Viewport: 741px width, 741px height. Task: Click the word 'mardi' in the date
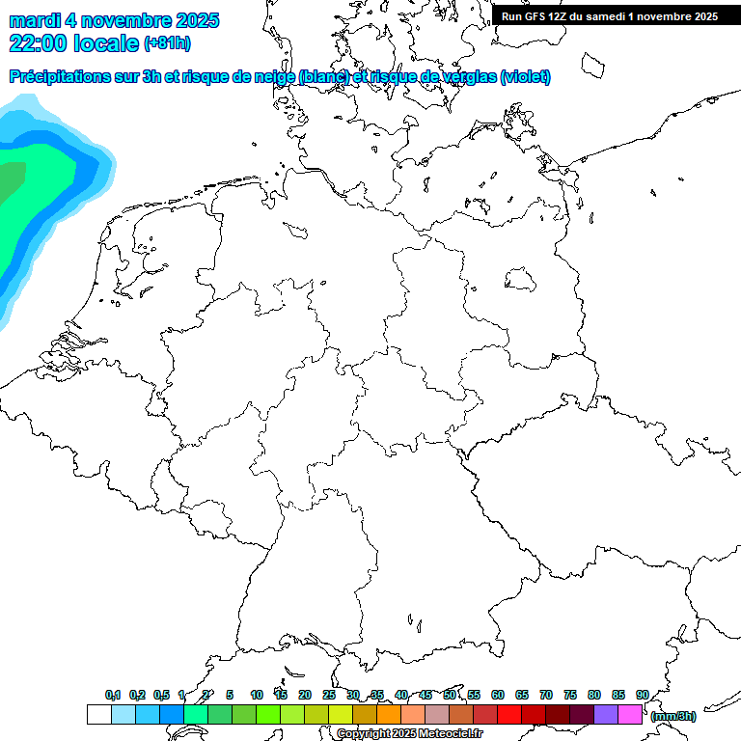(x=34, y=20)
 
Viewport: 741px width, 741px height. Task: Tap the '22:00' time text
(x=38, y=42)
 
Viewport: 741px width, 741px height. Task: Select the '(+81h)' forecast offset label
(x=167, y=43)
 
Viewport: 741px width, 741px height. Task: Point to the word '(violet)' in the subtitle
(x=526, y=77)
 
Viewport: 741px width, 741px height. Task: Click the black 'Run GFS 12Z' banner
(x=610, y=15)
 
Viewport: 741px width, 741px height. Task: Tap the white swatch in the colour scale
(x=98, y=714)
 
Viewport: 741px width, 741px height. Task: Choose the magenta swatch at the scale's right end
(x=630, y=714)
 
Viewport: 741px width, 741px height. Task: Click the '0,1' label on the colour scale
(x=113, y=696)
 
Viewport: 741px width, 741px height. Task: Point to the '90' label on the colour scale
(x=642, y=696)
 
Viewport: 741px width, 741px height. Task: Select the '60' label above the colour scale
(x=498, y=696)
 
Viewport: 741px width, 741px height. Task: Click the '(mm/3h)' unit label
(x=673, y=716)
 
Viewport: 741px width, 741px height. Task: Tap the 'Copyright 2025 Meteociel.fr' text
(x=409, y=734)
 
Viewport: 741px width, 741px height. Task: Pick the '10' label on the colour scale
(x=257, y=696)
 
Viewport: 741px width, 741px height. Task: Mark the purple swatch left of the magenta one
(x=606, y=714)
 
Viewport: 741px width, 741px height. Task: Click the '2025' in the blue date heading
(x=195, y=20)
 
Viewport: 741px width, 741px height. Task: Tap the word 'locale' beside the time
(x=105, y=42)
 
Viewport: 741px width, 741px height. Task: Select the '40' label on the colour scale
(x=401, y=696)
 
